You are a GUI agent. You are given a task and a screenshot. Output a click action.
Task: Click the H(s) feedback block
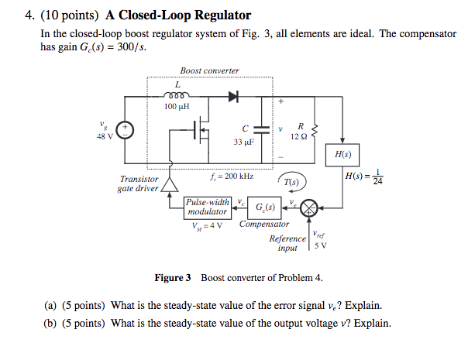339,153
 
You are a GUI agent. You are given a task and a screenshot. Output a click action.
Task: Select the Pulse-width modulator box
208,207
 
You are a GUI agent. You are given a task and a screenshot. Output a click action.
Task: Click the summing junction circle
309,207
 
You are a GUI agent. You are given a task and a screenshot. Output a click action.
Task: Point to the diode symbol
233,97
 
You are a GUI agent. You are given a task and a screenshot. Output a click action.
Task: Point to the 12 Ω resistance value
299,135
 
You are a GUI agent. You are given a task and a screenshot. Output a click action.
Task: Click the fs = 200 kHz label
232,177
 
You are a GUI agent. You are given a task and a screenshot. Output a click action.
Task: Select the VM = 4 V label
207,226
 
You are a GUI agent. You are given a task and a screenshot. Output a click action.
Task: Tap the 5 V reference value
321,245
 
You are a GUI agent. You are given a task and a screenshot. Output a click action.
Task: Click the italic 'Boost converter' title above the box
209,70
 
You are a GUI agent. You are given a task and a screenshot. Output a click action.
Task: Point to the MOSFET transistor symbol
201,132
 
